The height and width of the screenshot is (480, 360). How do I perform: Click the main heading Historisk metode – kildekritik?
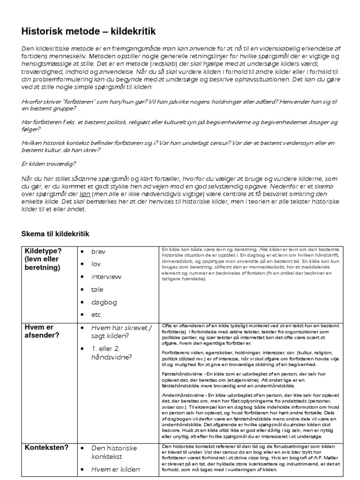coord(88,31)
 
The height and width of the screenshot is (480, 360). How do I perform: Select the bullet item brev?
coord(98,252)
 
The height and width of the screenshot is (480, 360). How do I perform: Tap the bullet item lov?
coord(96,264)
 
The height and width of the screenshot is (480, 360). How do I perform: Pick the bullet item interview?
coord(106,277)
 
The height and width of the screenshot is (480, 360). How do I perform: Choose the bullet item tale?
coord(97,289)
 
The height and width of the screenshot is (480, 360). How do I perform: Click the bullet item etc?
coord(97,315)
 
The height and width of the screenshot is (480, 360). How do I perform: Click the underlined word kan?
coord(85,195)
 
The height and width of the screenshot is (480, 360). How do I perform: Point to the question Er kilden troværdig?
coord(49,164)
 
